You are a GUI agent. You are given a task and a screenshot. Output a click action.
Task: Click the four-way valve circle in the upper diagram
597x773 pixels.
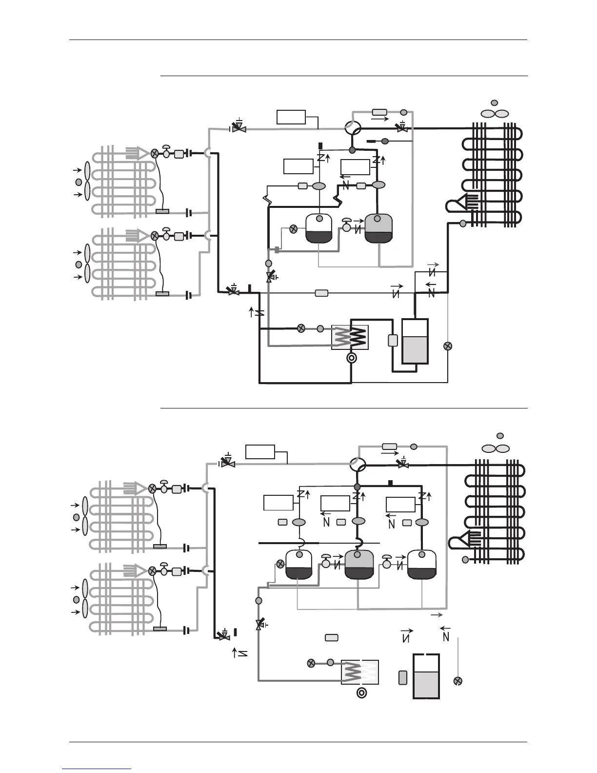352,128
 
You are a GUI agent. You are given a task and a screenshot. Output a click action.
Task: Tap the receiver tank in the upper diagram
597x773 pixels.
415,341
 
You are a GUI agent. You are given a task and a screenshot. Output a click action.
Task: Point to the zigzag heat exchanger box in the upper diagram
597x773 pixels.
350,337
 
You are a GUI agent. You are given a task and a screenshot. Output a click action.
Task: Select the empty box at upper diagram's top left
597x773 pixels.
291,117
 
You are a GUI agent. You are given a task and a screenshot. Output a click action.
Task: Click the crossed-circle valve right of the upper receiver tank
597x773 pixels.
448,346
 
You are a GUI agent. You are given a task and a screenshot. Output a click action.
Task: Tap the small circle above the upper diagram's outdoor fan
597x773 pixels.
494,103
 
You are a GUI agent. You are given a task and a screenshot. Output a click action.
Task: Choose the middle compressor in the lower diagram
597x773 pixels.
358,564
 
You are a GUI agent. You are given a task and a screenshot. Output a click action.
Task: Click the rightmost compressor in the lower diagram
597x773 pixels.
422,564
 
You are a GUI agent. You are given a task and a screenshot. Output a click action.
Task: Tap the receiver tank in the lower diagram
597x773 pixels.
426,676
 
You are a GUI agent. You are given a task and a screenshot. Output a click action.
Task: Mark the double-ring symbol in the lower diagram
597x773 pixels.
362,693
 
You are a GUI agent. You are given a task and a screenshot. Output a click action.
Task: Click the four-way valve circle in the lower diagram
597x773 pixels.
358,464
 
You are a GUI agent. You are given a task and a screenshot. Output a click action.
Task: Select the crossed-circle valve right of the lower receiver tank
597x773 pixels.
458,681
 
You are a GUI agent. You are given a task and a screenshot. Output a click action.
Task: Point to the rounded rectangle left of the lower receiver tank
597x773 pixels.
403,677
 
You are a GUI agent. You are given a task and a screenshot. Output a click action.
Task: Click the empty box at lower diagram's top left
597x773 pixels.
260,451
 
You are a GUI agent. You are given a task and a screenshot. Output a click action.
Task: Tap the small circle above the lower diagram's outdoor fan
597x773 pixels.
500,435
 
